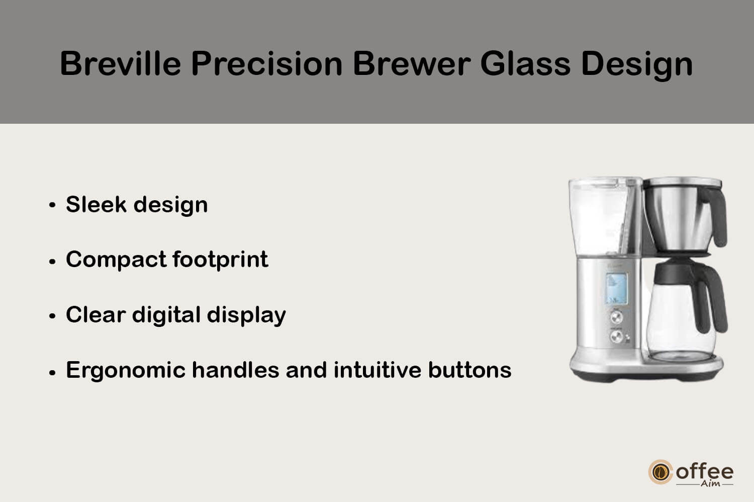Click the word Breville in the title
121,64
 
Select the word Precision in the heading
267,64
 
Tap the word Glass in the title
525,64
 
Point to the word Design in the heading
637,65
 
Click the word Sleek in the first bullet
97,204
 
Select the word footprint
221,260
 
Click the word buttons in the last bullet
470,370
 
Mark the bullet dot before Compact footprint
52,262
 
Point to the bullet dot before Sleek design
52,205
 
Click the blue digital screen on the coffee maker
617,288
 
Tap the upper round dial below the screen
617,317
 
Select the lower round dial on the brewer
617,336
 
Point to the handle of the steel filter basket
715,216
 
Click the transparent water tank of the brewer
599,217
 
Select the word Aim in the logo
711,483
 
